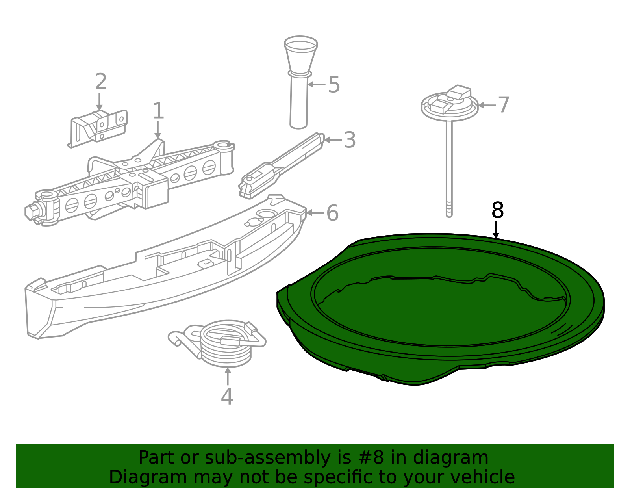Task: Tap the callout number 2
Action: click(100, 82)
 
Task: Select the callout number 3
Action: click(349, 140)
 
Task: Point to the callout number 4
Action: click(227, 396)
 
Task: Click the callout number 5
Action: click(334, 85)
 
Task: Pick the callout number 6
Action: click(333, 213)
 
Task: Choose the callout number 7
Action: click(503, 105)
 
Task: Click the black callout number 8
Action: click(498, 210)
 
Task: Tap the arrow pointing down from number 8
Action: click(496, 230)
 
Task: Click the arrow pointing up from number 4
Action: click(228, 376)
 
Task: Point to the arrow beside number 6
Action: click(315, 213)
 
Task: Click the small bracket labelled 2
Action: click(98, 128)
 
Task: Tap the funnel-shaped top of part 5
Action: click(301, 55)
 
